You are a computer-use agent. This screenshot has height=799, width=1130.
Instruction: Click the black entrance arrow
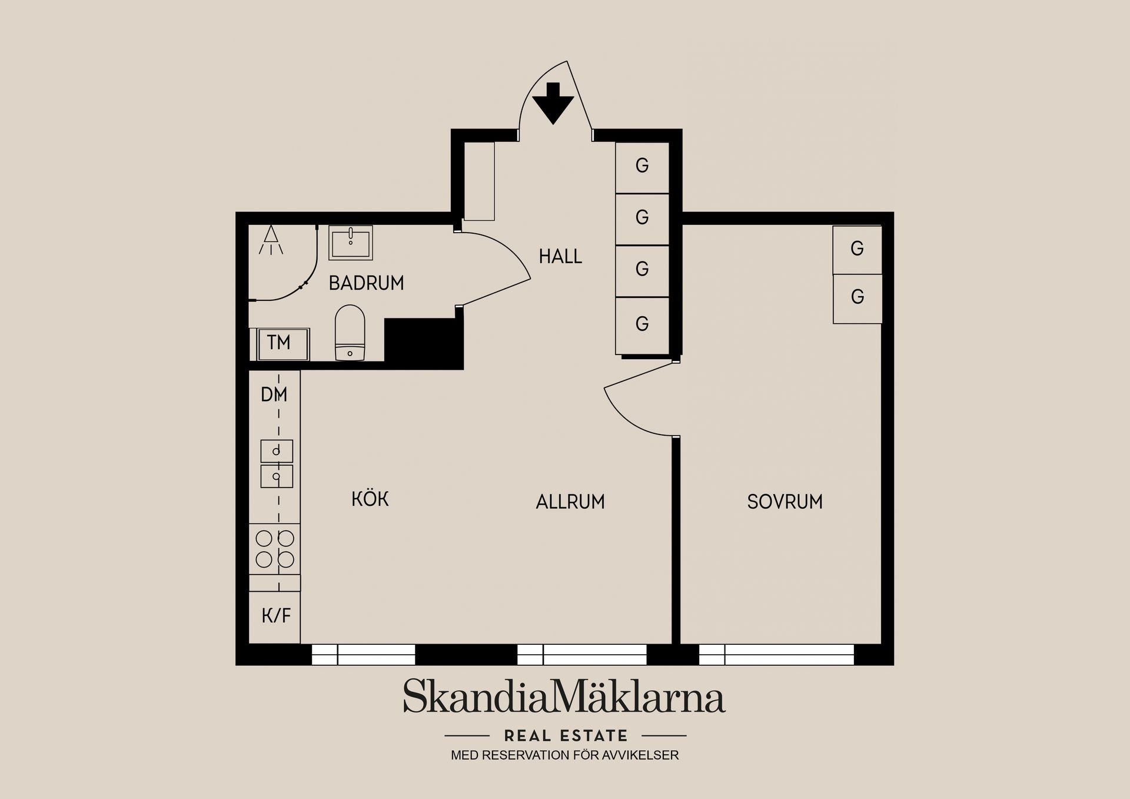tap(553, 103)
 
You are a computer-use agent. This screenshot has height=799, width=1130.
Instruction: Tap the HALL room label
tap(560, 257)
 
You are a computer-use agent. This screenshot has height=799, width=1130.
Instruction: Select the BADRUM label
tap(366, 283)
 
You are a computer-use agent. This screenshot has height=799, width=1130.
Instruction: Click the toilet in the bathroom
tap(350, 333)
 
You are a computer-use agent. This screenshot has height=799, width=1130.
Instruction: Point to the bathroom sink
tap(350, 243)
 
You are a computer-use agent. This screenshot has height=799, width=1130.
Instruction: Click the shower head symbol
tap(271, 240)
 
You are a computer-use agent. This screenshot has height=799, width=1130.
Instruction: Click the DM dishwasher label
tap(274, 394)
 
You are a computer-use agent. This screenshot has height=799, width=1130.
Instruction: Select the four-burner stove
tap(275, 549)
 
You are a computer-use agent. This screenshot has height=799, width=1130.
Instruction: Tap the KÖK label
tap(370, 499)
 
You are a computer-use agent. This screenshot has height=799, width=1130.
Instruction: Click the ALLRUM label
tap(570, 502)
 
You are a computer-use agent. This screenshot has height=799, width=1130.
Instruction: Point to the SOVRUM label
tap(785, 502)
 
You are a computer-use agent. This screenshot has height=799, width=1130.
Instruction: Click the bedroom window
tap(776, 655)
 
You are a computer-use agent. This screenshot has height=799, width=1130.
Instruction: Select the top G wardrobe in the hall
tap(642, 168)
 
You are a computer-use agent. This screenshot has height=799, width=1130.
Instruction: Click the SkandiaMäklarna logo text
tap(564, 697)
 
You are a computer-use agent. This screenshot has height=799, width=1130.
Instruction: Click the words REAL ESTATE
tap(566, 736)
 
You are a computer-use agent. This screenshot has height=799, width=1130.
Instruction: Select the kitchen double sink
tap(277, 464)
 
